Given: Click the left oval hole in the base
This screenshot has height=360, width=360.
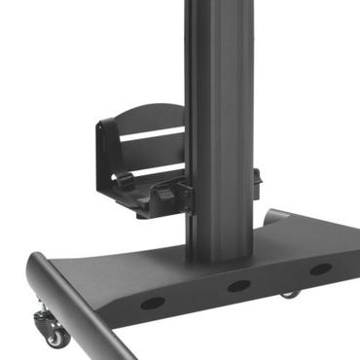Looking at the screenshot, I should coord(152,303).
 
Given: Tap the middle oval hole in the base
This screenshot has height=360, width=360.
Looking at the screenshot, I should coord(237,286).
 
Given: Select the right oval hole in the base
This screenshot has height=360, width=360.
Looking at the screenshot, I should coord(318,269).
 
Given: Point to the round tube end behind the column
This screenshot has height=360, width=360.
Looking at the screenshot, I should coord(273,216).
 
